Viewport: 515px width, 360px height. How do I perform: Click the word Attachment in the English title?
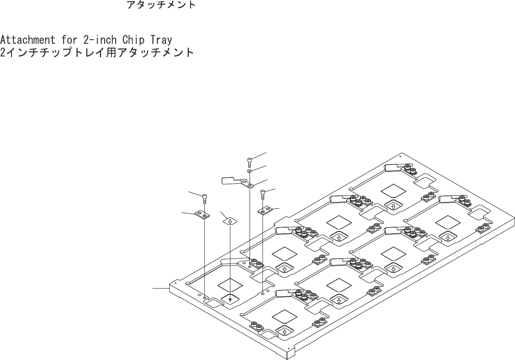click(28, 40)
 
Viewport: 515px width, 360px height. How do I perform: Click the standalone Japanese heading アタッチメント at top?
click(161, 5)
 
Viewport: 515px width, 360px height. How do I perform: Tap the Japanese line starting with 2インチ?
click(97, 53)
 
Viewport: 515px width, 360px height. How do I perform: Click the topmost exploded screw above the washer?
click(250, 161)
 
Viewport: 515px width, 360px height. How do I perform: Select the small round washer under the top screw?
click(249, 171)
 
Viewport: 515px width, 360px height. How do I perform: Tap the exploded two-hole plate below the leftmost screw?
click(202, 215)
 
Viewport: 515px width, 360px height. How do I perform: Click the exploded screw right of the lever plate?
click(263, 194)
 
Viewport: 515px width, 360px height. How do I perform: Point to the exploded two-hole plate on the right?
click(264, 210)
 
